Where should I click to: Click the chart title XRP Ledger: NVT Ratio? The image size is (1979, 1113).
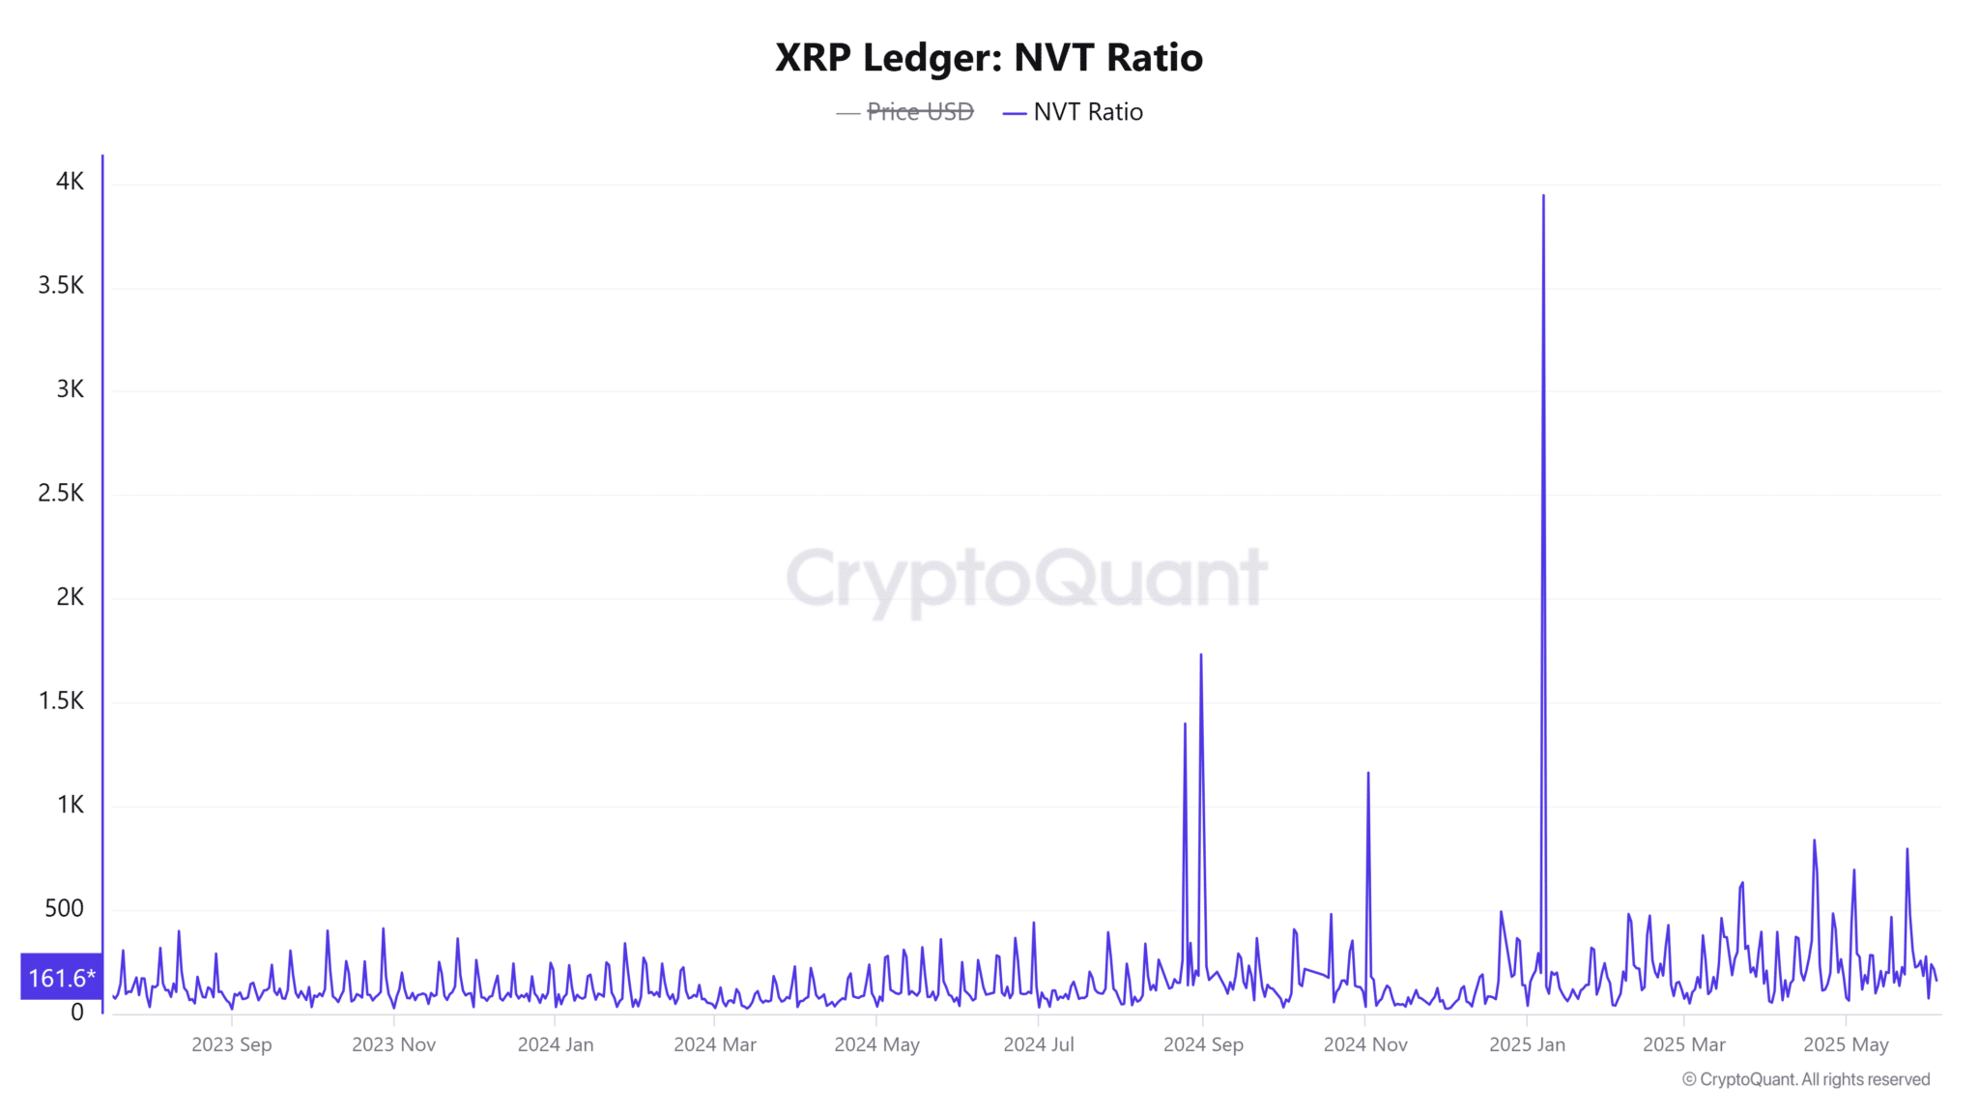(989, 58)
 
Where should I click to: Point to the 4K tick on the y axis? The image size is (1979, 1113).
(71, 182)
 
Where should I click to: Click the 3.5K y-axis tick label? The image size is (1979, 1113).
(61, 285)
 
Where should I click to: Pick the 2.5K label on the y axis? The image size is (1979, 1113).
(61, 493)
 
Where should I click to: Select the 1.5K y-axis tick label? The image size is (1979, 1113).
(61, 700)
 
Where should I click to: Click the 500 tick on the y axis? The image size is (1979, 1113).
(64, 908)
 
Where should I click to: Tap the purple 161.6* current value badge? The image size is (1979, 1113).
(62, 978)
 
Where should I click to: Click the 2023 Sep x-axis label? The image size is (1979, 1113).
(232, 1044)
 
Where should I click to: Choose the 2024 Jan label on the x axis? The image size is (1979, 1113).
(556, 1044)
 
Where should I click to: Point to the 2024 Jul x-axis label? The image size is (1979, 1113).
(1039, 1044)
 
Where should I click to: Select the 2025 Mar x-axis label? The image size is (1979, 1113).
(1684, 1044)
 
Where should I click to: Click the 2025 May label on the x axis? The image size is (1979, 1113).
(1846, 1044)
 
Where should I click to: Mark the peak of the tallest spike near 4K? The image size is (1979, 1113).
(1543, 197)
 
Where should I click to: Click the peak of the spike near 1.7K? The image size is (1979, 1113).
(1201, 656)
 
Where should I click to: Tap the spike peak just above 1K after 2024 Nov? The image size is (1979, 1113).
(1368, 774)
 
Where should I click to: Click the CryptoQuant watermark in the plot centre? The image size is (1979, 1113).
(1026, 577)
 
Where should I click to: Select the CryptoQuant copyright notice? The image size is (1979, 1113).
(1806, 1080)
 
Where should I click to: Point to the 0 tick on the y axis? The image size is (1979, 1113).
(77, 1013)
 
